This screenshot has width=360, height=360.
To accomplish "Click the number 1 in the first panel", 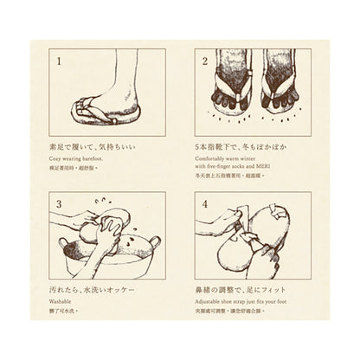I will pos(59,62).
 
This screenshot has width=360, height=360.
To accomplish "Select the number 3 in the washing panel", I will pos(59,204).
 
